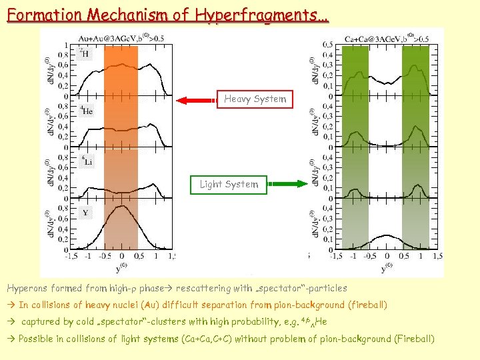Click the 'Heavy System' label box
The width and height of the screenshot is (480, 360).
(x=255, y=99)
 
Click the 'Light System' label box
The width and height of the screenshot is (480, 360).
(x=229, y=184)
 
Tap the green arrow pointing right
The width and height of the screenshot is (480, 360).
(x=287, y=184)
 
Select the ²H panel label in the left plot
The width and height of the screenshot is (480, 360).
(x=84, y=53)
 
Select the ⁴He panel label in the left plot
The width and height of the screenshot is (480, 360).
(x=87, y=111)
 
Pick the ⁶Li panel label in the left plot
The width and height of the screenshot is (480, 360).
(x=87, y=161)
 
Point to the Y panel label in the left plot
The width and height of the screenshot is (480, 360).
(x=85, y=213)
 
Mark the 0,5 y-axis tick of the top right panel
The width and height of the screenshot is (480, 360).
(x=328, y=45)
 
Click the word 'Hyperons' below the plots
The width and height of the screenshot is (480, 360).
(x=27, y=289)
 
